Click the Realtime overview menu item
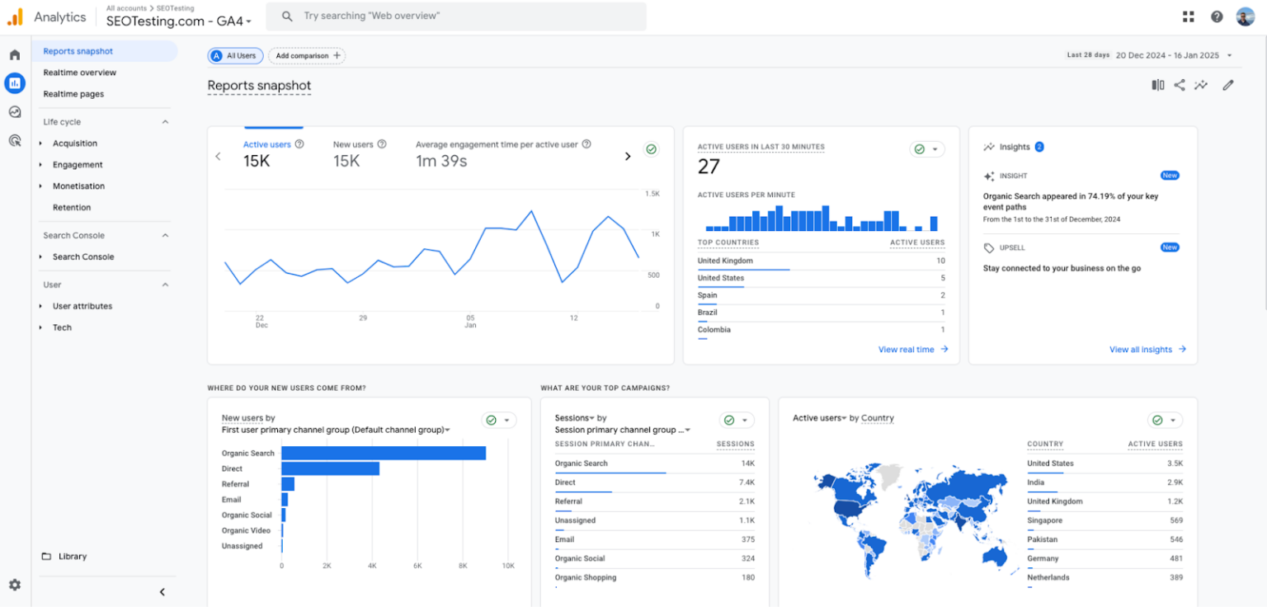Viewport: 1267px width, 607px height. [80, 73]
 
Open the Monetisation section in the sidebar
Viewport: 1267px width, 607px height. [78, 186]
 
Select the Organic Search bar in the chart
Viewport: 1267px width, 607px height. [383, 453]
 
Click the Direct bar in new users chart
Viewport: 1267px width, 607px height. [330, 468]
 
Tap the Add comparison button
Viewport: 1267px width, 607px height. [307, 56]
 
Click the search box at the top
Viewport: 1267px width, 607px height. [462, 16]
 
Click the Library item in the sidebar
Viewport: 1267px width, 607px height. [72, 557]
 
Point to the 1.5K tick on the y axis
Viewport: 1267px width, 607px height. [652, 194]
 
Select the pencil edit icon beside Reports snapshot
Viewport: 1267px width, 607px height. [1228, 85]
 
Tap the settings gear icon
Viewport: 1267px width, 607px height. [15, 585]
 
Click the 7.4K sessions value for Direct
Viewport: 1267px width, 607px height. [747, 482]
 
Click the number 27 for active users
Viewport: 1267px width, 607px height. [709, 167]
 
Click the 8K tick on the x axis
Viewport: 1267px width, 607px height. [463, 566]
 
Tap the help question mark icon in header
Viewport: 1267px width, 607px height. [1217, 16]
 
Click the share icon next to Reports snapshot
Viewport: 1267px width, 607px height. [1180, 85]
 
